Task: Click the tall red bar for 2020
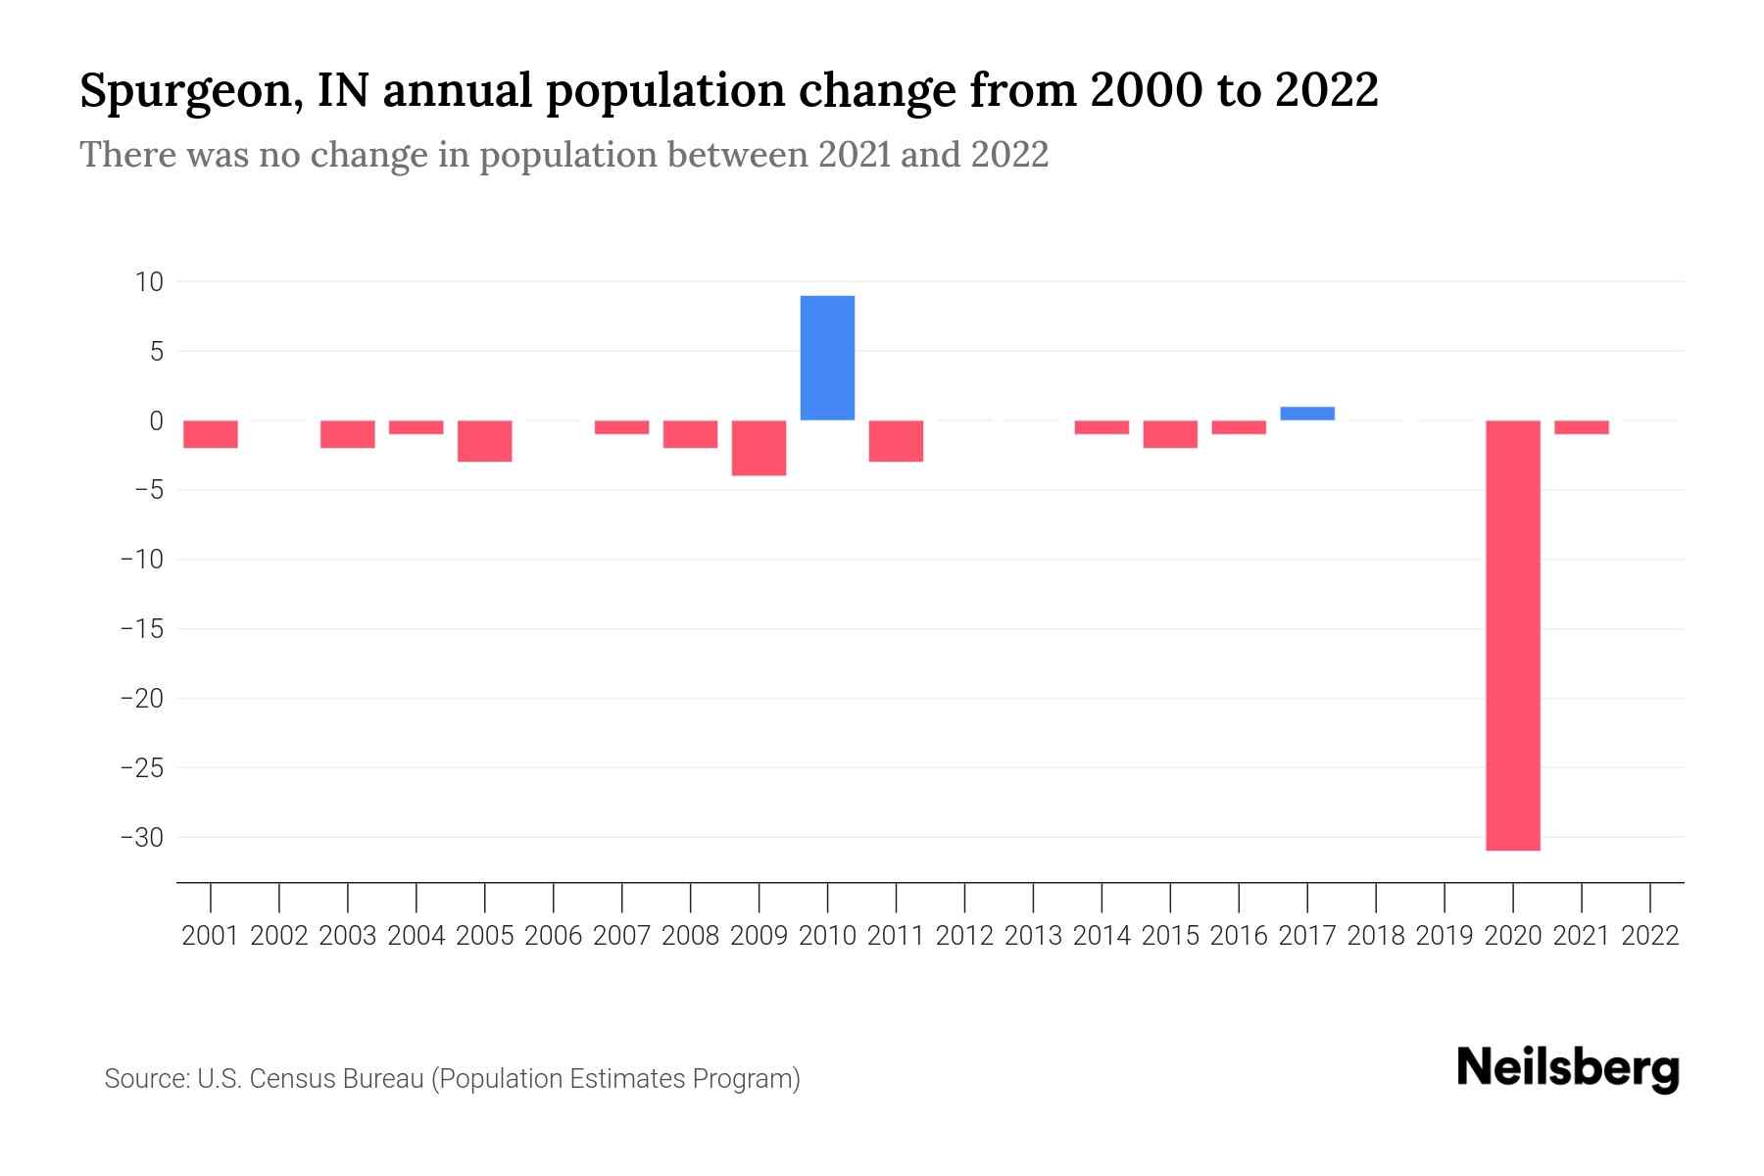pyautogui.click(x=1512, y=635)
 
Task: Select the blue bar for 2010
pyautogui.click(x=827, y=358)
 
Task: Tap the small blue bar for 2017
pyautogui.click(x=1306, y=414)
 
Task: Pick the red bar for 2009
pyautogui.click(x=759, y=448)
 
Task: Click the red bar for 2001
pyautogui.click(x=211, y=434)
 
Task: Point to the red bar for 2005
pyautogui.click(x=484, y=441)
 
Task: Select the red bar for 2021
pyautogui.click(x=1581, y=427)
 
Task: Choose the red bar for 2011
pyautogui.click(x=896, y=441)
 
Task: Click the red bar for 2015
pyautogui.click(x=1170, y=434)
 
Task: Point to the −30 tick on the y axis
pyautogui.click(x=141, y=838)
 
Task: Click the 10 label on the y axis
pyautogui.click(x=149, y=282)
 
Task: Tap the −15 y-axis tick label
pyautogui.click(x=141, y=629)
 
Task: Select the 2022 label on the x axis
pyautogui.click(x=1649, y=936)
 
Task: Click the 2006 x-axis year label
pyautogui.click(x=553, y=936)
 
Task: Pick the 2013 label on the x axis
pyautogui.click(x=1033, y=936)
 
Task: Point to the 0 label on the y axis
pyautogui.click(x=156, y=421)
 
